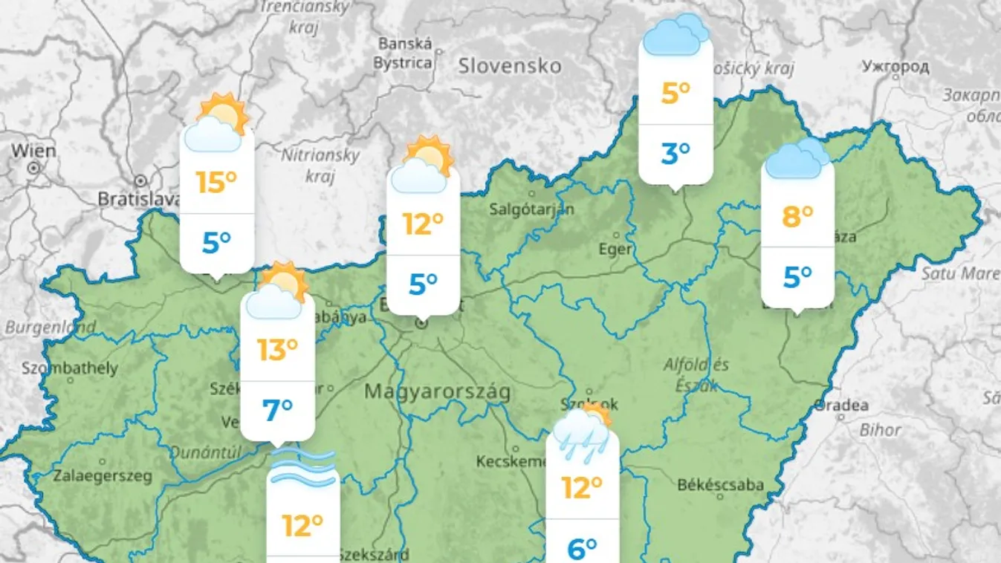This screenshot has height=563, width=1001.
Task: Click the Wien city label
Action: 33,151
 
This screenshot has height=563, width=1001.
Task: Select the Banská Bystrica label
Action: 404,53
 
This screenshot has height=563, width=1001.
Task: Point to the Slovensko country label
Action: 510,66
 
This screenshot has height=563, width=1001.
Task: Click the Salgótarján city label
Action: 532,209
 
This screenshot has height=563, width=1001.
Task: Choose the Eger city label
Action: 615,249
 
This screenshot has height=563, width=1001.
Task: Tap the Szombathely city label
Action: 70,368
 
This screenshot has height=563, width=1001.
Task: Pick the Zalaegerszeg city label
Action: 103,475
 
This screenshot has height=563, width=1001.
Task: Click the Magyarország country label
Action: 437,391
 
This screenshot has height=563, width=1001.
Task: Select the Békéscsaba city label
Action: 721,485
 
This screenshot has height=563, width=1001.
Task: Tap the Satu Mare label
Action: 960,273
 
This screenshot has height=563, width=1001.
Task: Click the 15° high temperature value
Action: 216,182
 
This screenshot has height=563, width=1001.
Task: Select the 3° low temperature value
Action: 676,154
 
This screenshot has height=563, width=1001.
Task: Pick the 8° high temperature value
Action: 797,217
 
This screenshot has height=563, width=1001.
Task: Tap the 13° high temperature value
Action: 277,349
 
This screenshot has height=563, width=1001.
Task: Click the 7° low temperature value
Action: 277,409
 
